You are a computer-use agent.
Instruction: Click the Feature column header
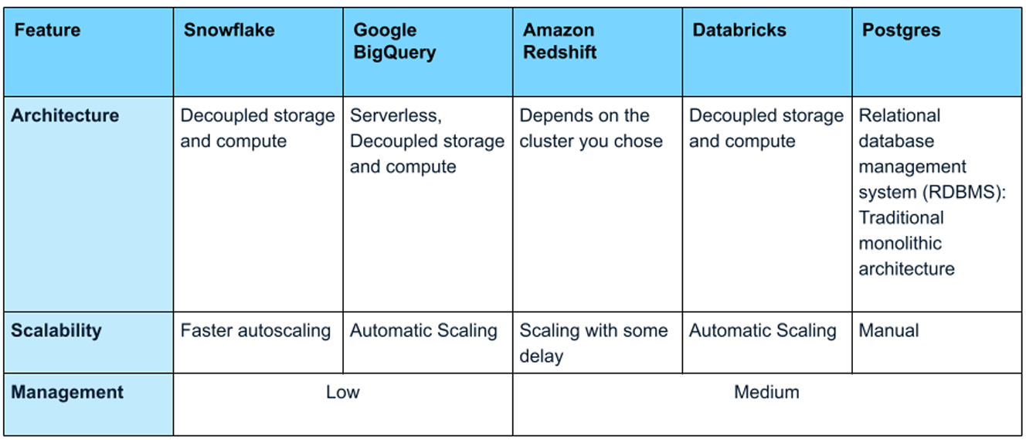tap(48, 30)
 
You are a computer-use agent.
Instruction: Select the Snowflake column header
tap(229, 30)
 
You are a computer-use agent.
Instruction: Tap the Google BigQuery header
tap(394, 41)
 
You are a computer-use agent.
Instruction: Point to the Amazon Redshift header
tap(559, 41)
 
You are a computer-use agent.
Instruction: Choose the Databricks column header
tap(739, 30)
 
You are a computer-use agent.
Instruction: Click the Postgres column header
tap(901, 31)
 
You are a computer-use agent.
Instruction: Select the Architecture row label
tap(65, 115)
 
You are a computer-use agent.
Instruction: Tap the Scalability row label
tap(56, 331)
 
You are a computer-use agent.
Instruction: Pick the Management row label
tap(67, 393)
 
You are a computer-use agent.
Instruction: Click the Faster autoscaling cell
tap(255, 331)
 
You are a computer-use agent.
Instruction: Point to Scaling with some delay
tap(593, 343)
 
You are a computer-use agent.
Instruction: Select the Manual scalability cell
tap(888, 330)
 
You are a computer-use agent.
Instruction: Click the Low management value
tap(342, 392)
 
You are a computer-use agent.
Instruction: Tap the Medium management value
tap(766, 392)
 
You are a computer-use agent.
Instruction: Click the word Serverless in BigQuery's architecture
tap(396, 116)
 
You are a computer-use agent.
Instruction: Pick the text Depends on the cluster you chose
tap(591, 128)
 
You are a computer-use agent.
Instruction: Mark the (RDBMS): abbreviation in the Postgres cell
tap(964, 193)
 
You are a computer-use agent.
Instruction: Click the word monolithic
tap(900, 244)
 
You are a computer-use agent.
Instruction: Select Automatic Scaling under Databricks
tap(763, 331)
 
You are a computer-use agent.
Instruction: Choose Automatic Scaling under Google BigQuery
tap(423, 331)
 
